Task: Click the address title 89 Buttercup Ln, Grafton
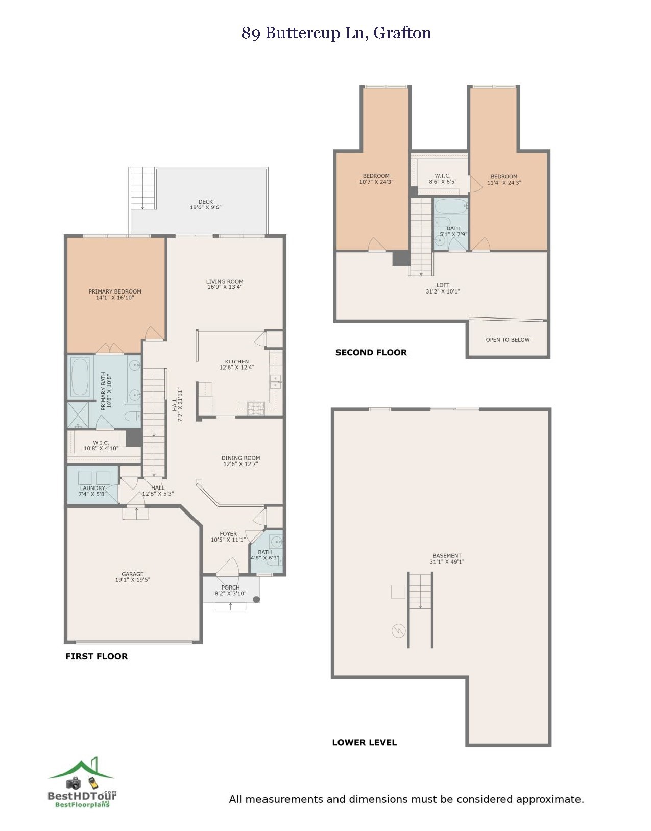[x=336, y=33]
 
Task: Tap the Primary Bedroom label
[x=115, y=292]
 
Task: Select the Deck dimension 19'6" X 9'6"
[x=206, y=208]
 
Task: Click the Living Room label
[x=225, y=282]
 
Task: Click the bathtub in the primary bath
[x=80, y=377]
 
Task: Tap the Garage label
[x=133, y=574]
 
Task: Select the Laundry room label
[x=92, y=488]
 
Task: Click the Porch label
[x=231, y=588]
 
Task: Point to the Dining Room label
[x=240, y=458]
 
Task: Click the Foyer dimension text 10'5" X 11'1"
[x=228, y=540]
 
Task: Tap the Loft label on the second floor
[x=443, y=285]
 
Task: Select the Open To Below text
[x=508, y=340]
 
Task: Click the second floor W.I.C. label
[x=442, y=176]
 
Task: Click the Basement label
[x=447, y=556]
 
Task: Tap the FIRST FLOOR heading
[x=97, y=656]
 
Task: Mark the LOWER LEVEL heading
[x=364, y=743]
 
